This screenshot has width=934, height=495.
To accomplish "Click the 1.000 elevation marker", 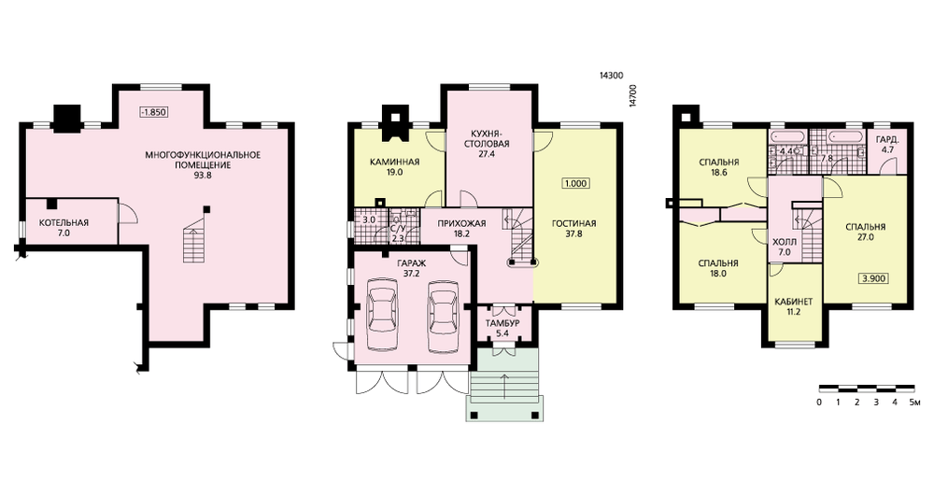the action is point(575,183).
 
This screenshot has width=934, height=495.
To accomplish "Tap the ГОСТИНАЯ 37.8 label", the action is point(573,229).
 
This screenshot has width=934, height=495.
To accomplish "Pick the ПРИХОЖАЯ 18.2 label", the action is point(461,229).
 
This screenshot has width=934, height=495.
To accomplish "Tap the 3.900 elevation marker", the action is point(872,277).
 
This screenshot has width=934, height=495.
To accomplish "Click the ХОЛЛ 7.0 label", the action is point(784,247).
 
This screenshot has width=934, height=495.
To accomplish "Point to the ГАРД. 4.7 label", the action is point(887,146).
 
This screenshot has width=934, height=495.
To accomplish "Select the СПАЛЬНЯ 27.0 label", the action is point(865,232).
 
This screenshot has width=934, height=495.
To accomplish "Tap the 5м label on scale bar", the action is point(914,403).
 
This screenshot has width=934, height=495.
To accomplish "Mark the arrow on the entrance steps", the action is point(505,386).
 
